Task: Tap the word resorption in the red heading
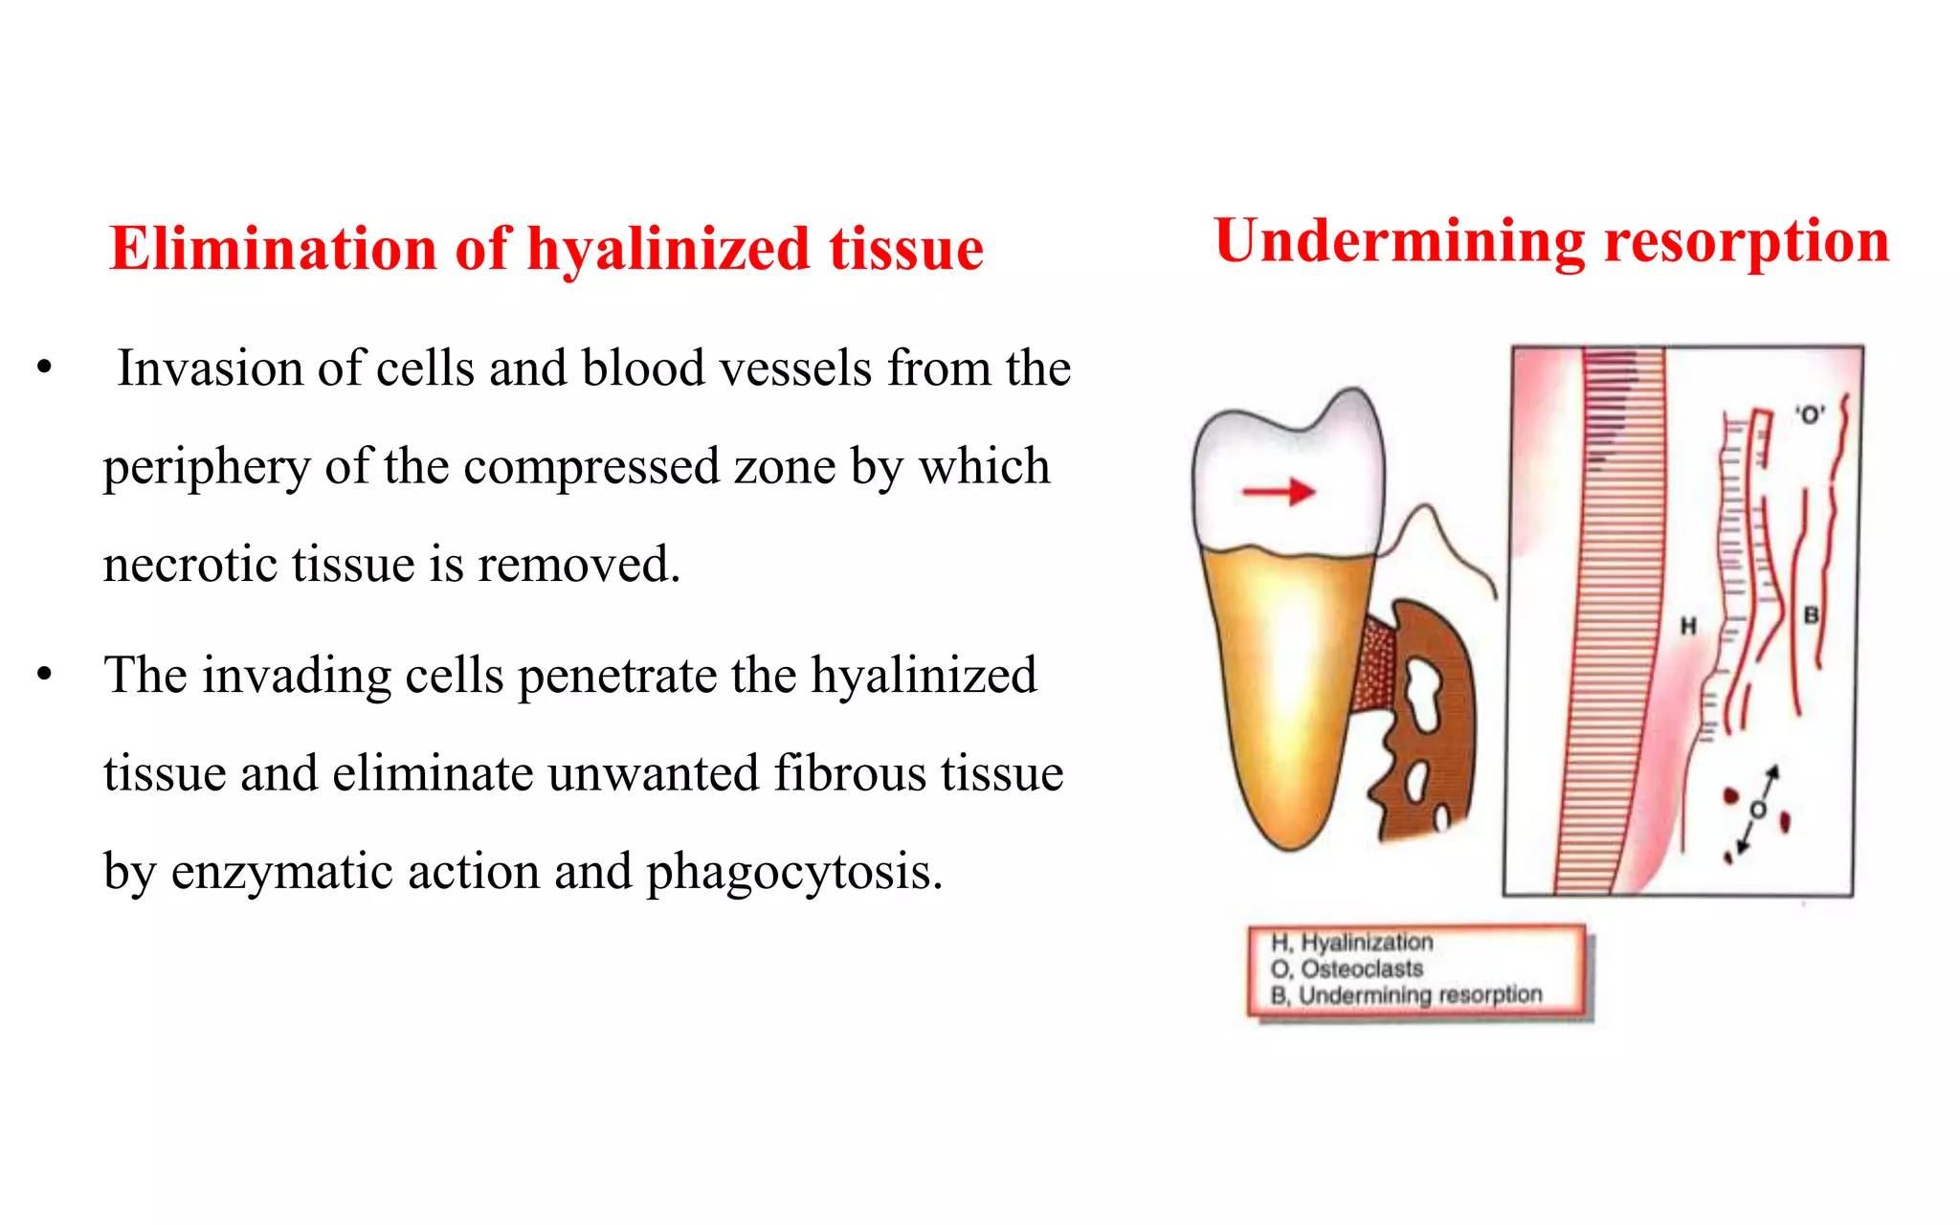[1747, 241]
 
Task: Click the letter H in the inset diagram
[1688, 626]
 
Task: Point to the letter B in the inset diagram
[1811, 615]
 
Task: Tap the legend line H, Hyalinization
[1351, 943]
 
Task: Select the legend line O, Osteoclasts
[1347, 969]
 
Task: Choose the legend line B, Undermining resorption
[1406, 995]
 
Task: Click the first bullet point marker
[44, 368]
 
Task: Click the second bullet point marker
[44, 676]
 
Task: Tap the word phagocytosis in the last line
[794, 872]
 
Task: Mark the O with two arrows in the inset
[1757, 811]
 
